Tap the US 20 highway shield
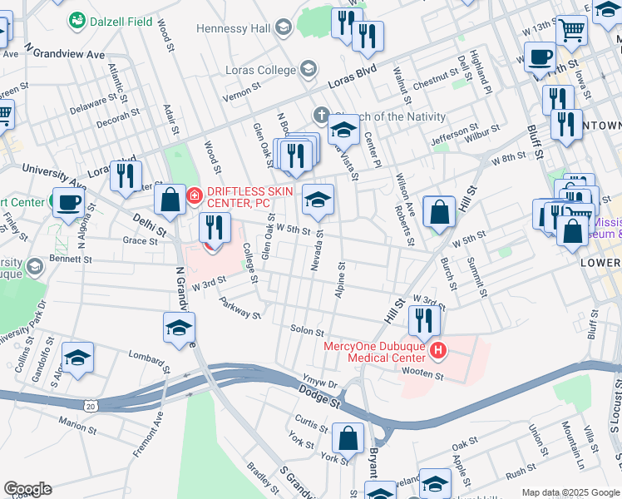tap(90, 405)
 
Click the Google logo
tap(27, 489)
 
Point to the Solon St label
tap(306, 331)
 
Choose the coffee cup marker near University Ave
tap(68, 201)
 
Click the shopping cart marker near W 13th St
tap(571, 30)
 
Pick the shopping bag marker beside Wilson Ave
tap(439, 211)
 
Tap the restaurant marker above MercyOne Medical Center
tap(424, 319)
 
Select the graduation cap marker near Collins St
tap(77, 358)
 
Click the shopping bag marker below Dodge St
tap(348, 437)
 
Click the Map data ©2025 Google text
tap(570, 492)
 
